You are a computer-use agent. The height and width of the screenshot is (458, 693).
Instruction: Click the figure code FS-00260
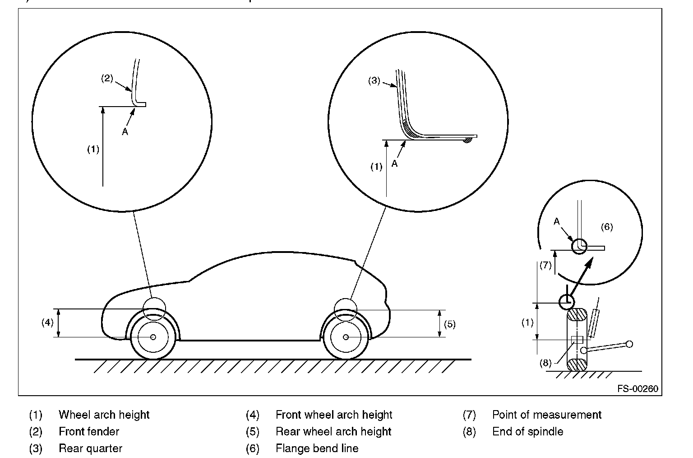[638, 388]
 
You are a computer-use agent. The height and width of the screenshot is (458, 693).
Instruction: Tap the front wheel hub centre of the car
[153, 337]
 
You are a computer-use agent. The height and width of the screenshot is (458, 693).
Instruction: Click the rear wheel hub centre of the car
[346, 337]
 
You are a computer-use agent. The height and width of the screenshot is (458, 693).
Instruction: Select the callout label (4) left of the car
[48, 322]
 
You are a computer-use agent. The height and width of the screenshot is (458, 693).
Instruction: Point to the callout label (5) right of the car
[449, 324]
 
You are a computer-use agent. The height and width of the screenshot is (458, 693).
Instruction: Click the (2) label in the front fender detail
[107, 78]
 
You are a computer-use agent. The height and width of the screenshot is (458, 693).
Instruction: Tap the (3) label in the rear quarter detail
[374, 81]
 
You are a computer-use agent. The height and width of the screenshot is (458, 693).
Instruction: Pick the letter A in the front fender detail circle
[125, 132]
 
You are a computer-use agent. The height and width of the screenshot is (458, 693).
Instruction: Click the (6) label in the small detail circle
[607, 227]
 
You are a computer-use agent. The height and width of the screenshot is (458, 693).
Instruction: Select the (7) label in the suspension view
[545, 265]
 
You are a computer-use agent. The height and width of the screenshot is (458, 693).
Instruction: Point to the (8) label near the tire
[545, 363]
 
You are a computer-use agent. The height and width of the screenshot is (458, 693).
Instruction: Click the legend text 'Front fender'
[89, 431]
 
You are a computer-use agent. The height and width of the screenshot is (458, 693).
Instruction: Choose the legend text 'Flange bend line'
[317, 448]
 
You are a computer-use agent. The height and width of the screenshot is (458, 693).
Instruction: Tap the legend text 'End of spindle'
[528, 431]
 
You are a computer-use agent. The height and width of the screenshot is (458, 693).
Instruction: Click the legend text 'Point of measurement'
[547, 415]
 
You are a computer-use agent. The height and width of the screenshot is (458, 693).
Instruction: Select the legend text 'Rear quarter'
[91, 448]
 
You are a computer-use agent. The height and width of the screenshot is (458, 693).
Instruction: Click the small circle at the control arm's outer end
[629, 344]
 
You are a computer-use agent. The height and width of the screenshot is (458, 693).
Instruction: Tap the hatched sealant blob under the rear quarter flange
[467, 140]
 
